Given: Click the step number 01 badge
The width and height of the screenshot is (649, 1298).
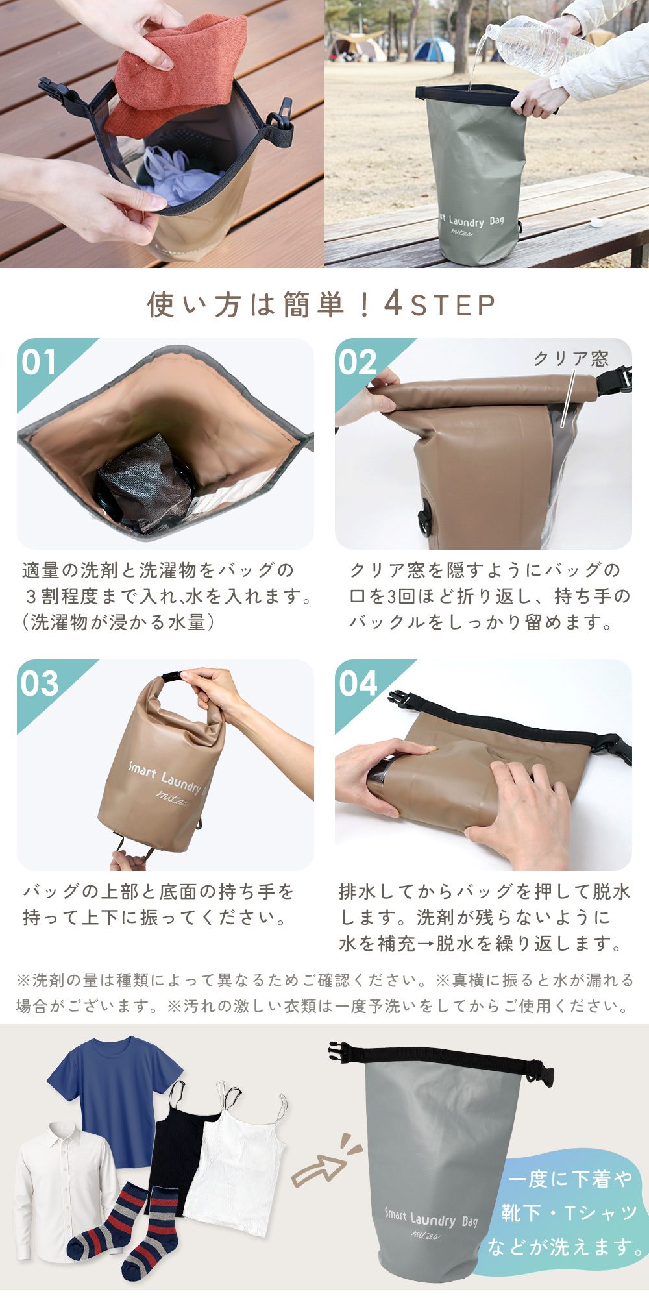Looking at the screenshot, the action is coord(38,363).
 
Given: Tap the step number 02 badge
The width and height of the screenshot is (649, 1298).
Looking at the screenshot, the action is coord(357,363).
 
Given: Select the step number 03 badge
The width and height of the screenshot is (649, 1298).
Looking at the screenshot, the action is coord(39,684).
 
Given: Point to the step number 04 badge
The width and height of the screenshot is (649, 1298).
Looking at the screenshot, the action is coord(358,684).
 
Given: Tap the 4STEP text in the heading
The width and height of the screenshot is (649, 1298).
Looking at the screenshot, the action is coord(440,304).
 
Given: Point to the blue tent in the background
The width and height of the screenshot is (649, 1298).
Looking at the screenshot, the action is coord(434,49).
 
